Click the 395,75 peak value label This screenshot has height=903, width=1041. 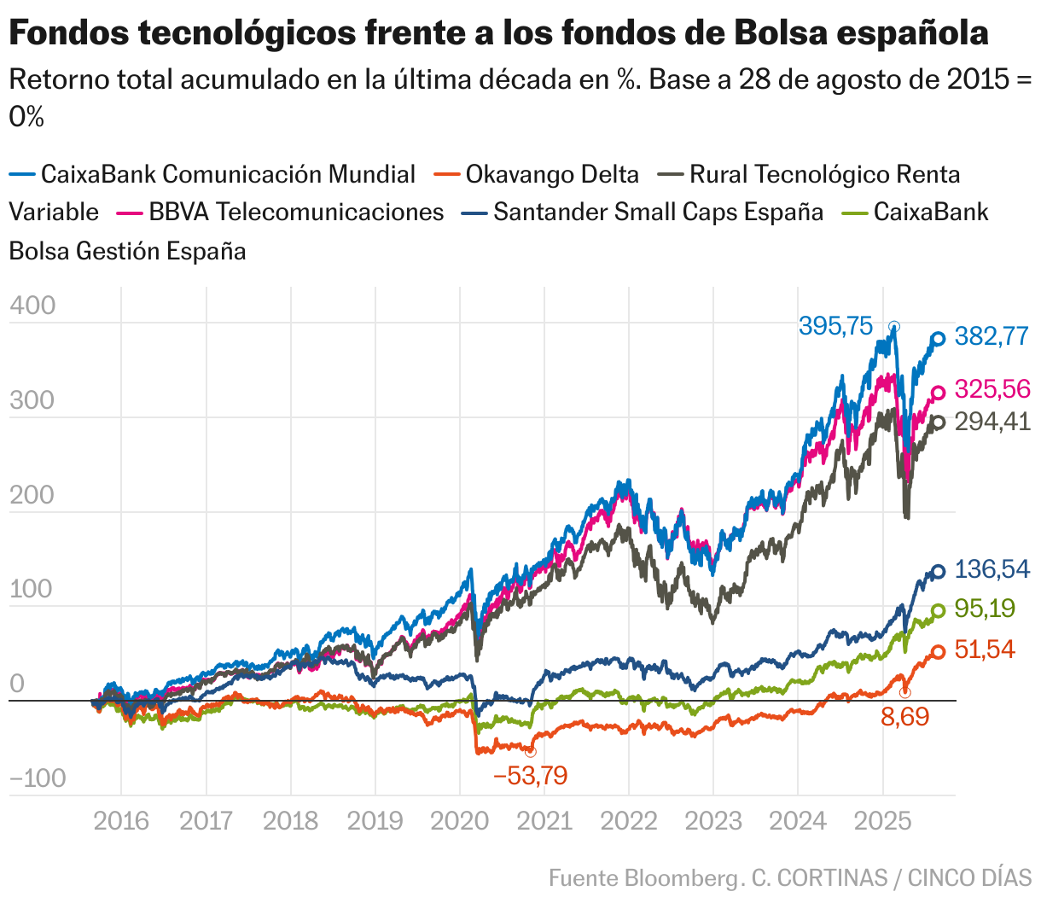click(x=835, y=326)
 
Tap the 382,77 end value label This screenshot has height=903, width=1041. click(x=992, y=336)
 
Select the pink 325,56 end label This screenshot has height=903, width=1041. click(x=992, y=389)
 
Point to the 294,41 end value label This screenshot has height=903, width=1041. click(x=992, y=422)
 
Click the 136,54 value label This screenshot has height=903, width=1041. click(x=992, y=569)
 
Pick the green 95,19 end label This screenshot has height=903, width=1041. click(x=985, y=609)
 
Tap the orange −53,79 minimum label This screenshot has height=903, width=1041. click(x=530, y=776)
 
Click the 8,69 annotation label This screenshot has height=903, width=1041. click(x=904, y=717)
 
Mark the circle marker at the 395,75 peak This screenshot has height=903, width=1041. click(x=893, y=327)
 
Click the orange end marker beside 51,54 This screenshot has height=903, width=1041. click(x=938, y=652)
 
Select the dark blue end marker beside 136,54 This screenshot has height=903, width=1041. click(x=938, y=572)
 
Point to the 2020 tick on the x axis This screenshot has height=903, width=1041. click(x=459, y=821)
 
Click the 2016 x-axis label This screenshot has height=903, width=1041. click(x=121, y=821)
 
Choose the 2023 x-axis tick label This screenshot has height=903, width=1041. click(x=713, y=821)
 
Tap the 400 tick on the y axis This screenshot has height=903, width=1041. click(x=32, y=306)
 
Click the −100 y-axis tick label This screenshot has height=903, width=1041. click(x=38, y=778)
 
